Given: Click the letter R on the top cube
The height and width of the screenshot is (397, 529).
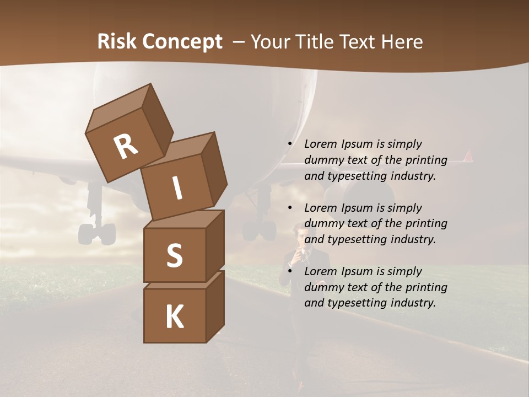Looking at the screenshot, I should click(126, 147).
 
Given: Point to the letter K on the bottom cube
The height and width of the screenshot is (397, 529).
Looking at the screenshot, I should click(174, 317).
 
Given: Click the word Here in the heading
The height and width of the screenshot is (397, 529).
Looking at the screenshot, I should click(402, 42).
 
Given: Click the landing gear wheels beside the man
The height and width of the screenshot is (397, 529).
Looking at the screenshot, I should click(259, 229).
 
